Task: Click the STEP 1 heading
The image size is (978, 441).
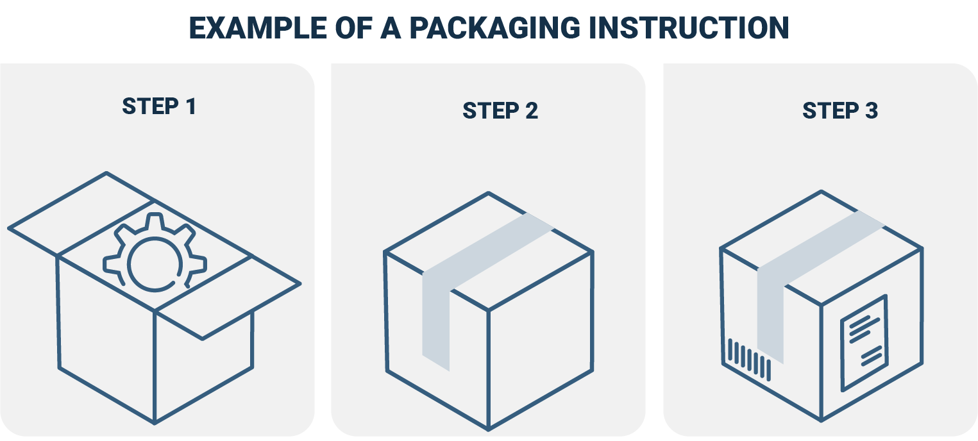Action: click(158, 106)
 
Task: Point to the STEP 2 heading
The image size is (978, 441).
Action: click(500, 111)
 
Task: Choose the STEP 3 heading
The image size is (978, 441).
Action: click(839, 111)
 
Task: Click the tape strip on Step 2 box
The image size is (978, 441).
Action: click(436, 308)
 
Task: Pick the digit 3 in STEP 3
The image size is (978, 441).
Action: click(870, 111)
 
